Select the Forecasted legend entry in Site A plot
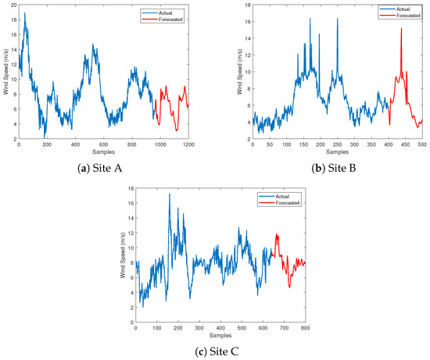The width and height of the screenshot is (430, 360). coord(173,18)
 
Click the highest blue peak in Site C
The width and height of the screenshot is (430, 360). coord(169,194)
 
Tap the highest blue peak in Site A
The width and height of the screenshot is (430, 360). coord(25,13)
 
